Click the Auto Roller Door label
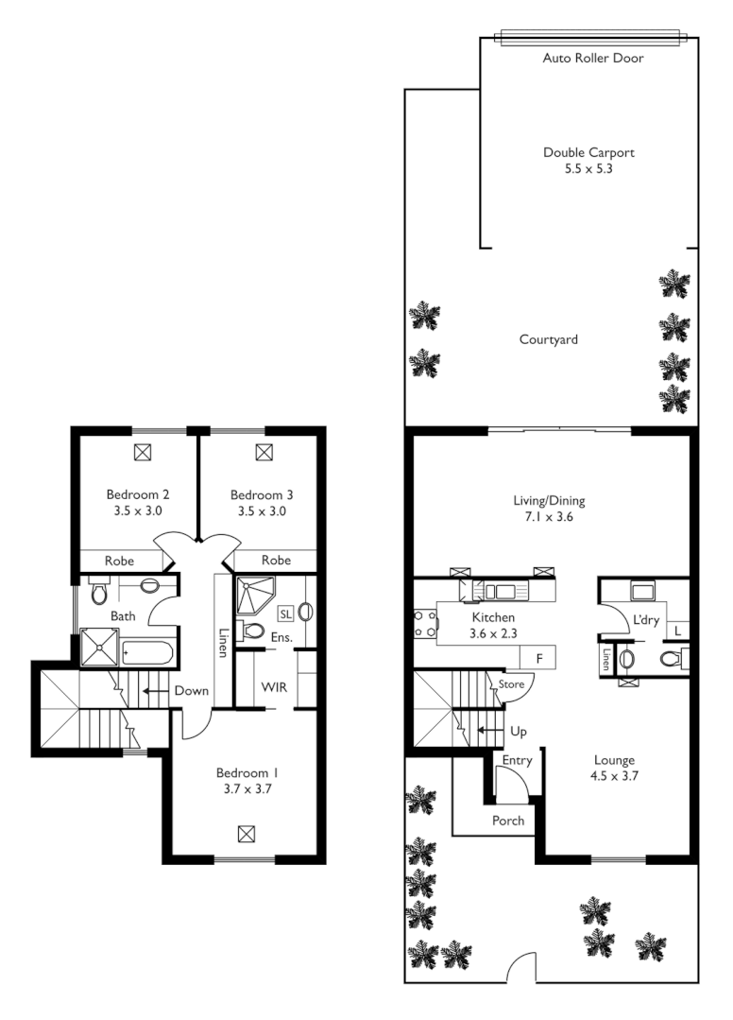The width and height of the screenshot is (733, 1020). coord(593,59)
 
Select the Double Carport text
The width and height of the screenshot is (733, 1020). coord(588,152)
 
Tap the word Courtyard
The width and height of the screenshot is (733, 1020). coord(548,339)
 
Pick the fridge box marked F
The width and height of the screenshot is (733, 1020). coord(539,657)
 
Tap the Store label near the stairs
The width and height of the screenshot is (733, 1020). coord(511,683)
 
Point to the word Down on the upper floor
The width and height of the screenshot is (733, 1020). coord(191,691)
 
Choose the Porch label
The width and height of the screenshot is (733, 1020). coord(508,821)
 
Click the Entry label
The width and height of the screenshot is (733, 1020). coord(517,760)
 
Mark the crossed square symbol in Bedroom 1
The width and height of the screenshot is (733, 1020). coord(246,833)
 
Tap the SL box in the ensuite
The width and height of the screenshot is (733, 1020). coord(285,614)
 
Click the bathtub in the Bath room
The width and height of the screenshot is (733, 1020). coord(149,653)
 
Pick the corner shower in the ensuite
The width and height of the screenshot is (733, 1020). coord(252,595)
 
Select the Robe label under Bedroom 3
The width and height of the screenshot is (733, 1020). coord(276,561)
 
